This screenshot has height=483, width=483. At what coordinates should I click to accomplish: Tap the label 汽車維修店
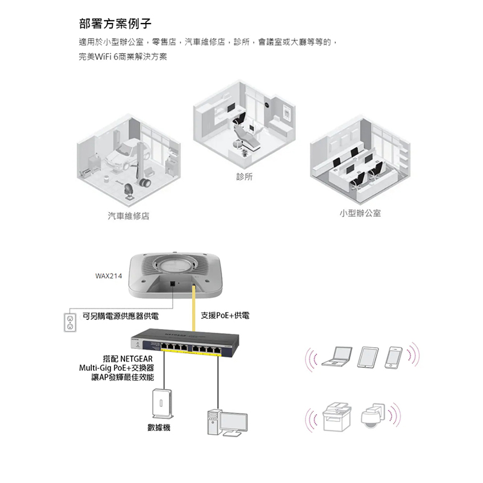tap(129, 216)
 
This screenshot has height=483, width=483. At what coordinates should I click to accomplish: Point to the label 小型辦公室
tap(360, 214)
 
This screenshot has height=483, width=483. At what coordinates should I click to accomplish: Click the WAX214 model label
tap(109, 277)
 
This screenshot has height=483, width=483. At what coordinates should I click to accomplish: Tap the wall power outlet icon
tap(69, 322)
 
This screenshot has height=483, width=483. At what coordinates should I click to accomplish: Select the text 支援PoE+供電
tap(225, 316)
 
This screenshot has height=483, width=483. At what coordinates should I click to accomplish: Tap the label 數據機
tap(159, 427)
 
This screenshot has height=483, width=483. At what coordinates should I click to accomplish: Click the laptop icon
tap(337, 357)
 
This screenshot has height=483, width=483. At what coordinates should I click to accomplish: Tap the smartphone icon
tap(394, 357)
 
